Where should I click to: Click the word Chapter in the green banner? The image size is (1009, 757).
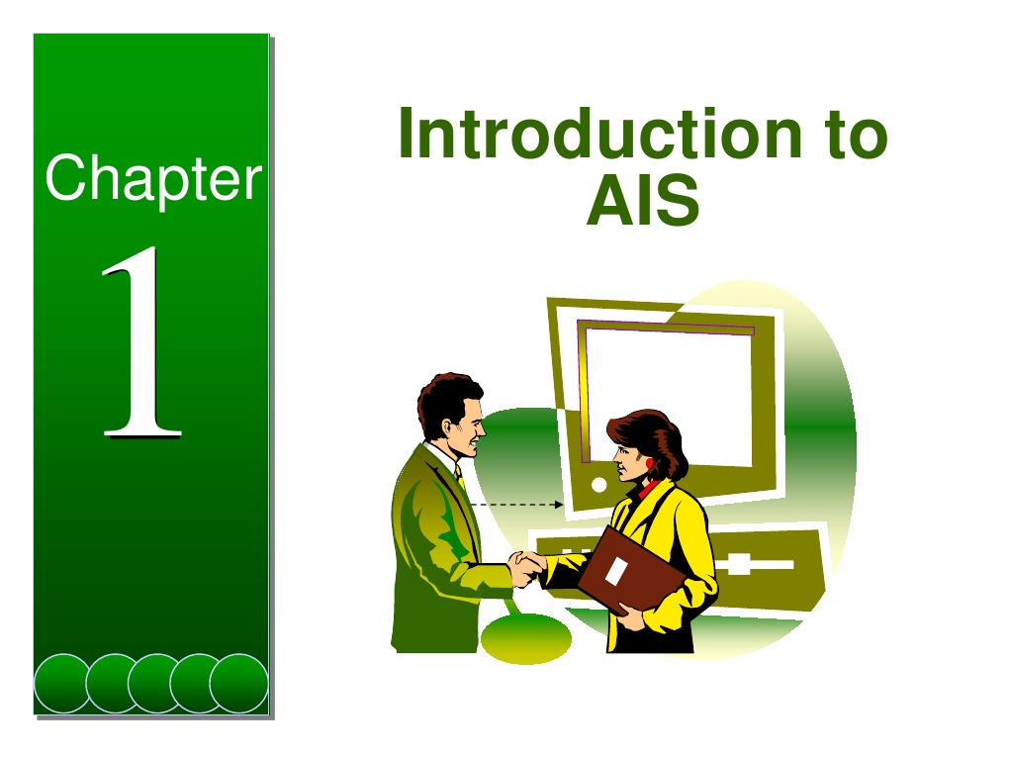[x=153, y=181]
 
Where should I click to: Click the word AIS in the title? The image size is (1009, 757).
[x=643, y=203]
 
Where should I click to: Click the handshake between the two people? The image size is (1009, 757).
[x=527, y=568]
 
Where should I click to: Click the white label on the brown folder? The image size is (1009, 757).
[x=615, y=572]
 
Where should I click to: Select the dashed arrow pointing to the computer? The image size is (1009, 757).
[x=514, y=505]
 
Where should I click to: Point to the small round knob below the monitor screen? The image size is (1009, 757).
[x=598, y=485]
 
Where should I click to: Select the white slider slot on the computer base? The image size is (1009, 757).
[x=752, y=565]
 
